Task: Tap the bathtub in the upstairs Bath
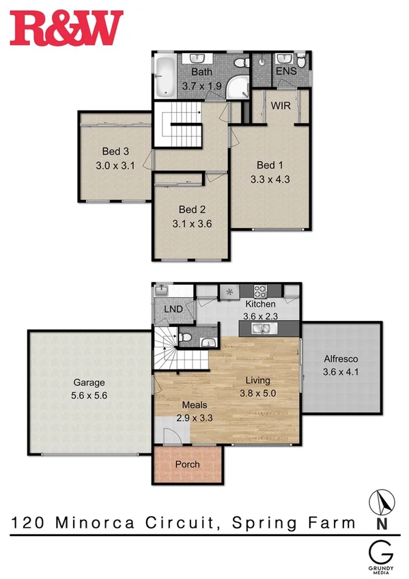(x=165, y=76)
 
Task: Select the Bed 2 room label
(x=192, y=210)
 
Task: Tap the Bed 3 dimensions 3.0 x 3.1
(x=112, y=165)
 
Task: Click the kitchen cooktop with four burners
(x=259, y=289)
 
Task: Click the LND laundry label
(x=173, y=309)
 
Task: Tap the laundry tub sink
(x=161, y=290)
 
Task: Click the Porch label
(x=187, y=464)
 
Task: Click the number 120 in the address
(x=27, y=523)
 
